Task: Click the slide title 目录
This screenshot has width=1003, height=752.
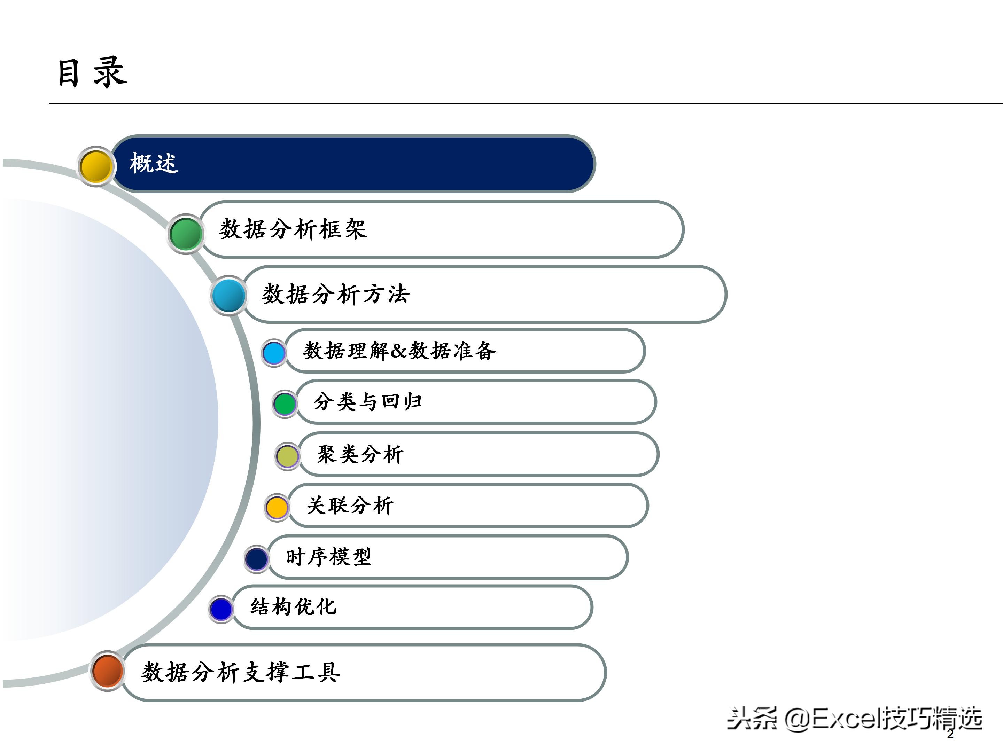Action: coord(92,72)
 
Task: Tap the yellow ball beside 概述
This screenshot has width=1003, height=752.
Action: coord(96,166)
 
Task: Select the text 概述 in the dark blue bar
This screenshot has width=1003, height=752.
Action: coord(154,163)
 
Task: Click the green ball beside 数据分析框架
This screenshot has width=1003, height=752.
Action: coord(186,234)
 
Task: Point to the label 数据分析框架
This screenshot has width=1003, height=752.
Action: coord(293,229)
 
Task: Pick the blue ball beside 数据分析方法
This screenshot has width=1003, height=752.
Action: coord(228,296)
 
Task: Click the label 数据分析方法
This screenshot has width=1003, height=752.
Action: coord(335,294)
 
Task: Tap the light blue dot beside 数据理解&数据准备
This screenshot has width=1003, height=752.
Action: coord(274,353)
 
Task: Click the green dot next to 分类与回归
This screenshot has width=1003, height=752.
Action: coord(285,404)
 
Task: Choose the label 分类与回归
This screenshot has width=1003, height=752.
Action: coord(368,402)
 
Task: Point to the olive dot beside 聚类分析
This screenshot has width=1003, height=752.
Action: coord(287,456)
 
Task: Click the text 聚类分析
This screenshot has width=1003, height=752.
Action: coord(360,454)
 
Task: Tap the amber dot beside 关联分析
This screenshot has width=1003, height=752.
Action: coord(277,507)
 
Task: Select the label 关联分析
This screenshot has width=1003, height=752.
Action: coord(350,506)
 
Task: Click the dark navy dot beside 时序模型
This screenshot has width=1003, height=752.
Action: coord(257,559)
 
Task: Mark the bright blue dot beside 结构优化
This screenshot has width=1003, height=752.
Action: coord(221,609)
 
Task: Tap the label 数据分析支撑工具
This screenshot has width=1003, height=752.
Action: coord(240,672)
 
